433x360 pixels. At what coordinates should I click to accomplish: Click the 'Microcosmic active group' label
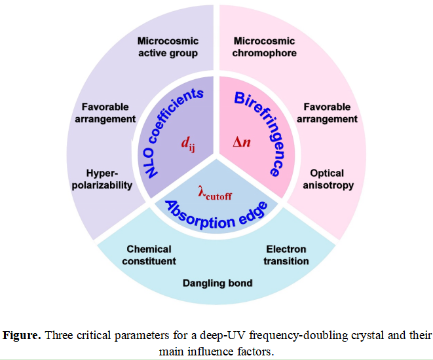pyautogui.click(x=167, y=46)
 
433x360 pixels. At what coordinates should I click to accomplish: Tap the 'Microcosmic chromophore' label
pyautogui.click(x=265, y=46)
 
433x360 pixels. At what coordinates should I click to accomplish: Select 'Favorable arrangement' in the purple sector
pyautogui.click(x=109, y=113)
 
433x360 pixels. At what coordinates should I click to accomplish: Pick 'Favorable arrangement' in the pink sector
pyautogui.click(x=327, y=113)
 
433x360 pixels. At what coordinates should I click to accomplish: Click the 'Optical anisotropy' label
pyautogui.click(x=328, y=179)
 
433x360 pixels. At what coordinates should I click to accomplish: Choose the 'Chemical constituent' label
pyautogui.click(x=149, y=255)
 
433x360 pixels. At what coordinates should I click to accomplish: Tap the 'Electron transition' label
pyautogui.click(x=286, y=255)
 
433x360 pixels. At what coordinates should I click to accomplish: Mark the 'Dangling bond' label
pyautogui.click(x=217, y=283)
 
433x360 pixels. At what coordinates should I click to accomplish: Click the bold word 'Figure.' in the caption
pyautogui.click(x=22, y=336)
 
